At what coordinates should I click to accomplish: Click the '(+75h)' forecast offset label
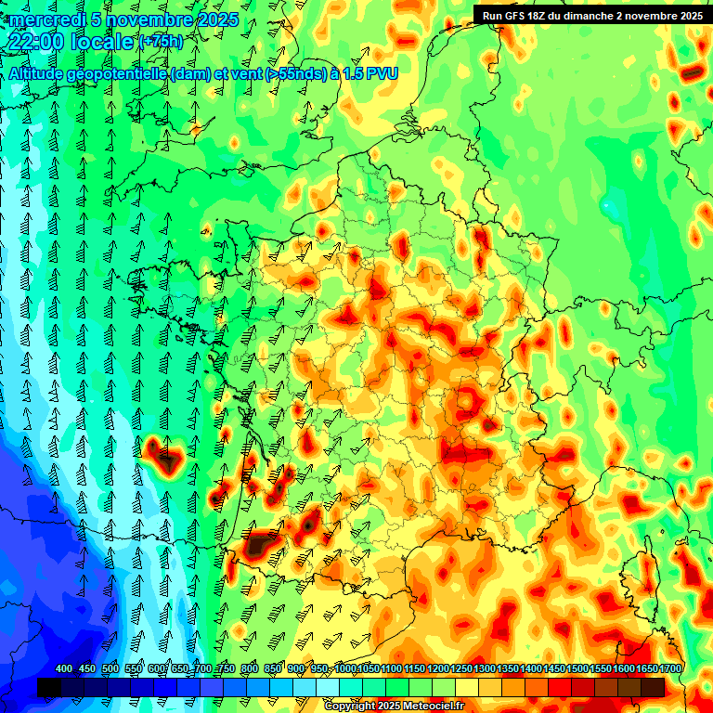click(x=161, y=42)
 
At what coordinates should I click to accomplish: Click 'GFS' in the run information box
click(x=513, y=15)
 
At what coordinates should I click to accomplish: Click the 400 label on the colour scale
click(x=64, y=668)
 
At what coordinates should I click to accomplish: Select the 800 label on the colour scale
click(x=249, y=668)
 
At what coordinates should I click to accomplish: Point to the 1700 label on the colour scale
click(x=669, y=668)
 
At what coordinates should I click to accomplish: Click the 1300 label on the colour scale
click(x=483, y=668)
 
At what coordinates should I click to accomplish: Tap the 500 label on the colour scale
click(x=110, y=668)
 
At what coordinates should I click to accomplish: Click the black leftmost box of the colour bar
click(x=48, y=687)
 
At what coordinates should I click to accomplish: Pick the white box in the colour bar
click(x=328, y=687)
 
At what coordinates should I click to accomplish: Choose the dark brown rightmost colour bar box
click(x=653, y=687)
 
